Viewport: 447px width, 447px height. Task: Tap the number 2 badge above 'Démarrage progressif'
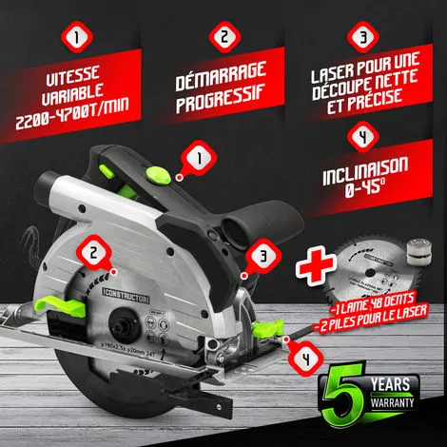[x=223, y=41]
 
